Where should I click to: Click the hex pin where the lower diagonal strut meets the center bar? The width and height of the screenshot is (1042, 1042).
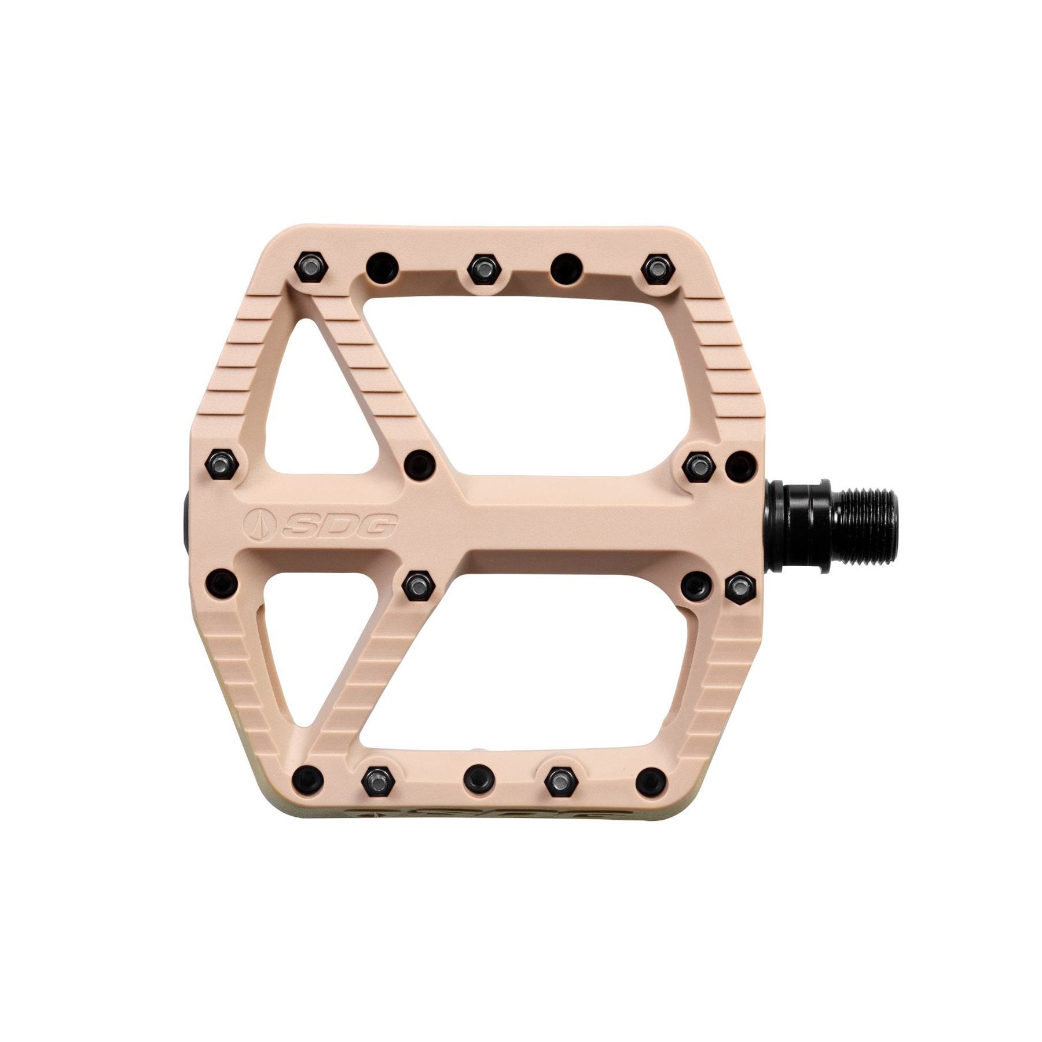(x=419, y=587)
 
